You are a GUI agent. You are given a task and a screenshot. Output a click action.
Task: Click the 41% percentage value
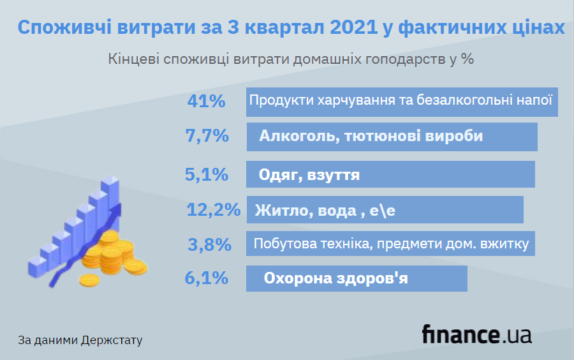coord(206,101)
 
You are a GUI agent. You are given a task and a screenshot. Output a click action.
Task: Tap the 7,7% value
coord(206,136)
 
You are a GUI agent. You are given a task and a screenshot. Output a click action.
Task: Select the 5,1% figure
coord(206,174)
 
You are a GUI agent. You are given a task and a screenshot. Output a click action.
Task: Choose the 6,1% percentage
coord(206,278)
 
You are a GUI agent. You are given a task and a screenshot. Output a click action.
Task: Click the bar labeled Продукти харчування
coord(402,101)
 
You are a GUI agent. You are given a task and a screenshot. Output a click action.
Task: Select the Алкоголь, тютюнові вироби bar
coord(392,137)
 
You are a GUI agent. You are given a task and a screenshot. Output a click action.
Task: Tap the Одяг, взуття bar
coord(390,174)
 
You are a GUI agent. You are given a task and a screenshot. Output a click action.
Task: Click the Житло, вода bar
coord(385,210)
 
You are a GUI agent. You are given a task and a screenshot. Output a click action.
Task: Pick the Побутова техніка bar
coord(390,244)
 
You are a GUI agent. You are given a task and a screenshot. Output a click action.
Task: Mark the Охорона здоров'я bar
coord(357,278)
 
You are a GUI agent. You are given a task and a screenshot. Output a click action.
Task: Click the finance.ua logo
coord(476,334)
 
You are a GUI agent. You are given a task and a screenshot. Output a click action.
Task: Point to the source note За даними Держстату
coord(80,340)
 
